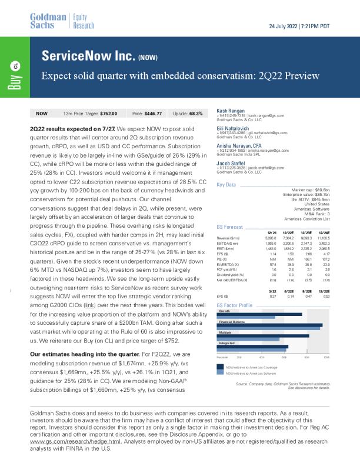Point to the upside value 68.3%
point(195,113)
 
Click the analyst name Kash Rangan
point(230,111)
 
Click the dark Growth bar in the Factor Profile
point(259,314)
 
